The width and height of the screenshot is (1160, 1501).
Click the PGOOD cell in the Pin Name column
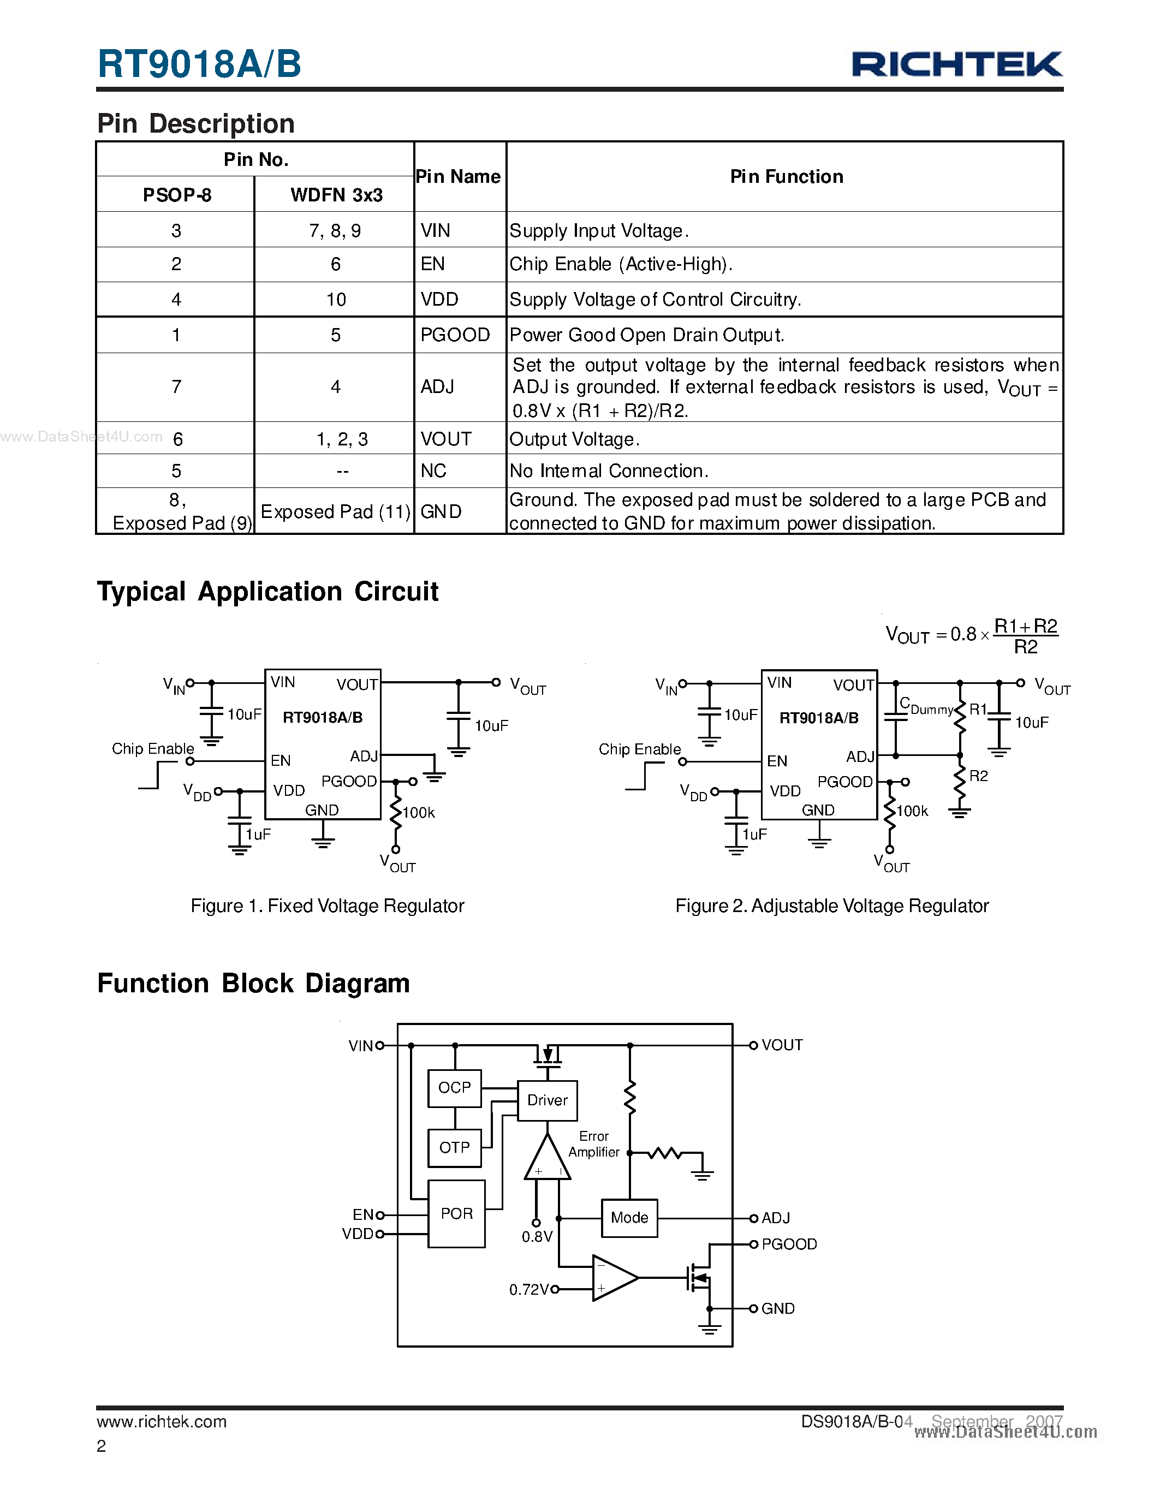pos(455,335)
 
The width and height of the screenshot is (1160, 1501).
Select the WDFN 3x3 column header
pos(336,195)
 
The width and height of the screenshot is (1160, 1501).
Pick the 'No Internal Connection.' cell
pos(609,471)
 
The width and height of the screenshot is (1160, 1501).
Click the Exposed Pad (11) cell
pos(335,511)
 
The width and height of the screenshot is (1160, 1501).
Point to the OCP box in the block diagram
pos(454,1088)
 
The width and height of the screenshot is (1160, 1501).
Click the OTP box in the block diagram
pos(454,1147)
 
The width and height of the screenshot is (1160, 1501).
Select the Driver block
pos(547,1100)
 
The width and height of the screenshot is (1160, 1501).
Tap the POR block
pos(456,1214)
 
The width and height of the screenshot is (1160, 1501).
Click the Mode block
pos(629,1218)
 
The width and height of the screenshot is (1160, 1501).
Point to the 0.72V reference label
pos(528,1289)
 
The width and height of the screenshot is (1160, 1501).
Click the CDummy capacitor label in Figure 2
pos(926,706)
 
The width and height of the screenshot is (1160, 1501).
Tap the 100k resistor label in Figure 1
pos(419,812)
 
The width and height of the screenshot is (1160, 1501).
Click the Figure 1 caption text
pos(327,906)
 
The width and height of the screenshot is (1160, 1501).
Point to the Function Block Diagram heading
pos(254,984)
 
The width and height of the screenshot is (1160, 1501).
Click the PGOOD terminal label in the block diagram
pos(789,1244)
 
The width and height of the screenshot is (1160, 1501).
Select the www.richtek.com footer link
pos(162,1421)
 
